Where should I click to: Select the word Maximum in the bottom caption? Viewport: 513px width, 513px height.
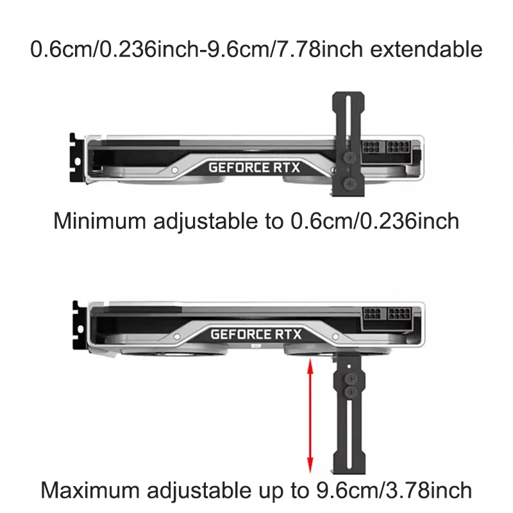(90, 491)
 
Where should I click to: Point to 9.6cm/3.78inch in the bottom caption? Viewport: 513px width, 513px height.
(391, 491)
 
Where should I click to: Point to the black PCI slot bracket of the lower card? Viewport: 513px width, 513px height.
(77, 327)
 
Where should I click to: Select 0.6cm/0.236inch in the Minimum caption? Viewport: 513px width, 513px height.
(375, 221)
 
